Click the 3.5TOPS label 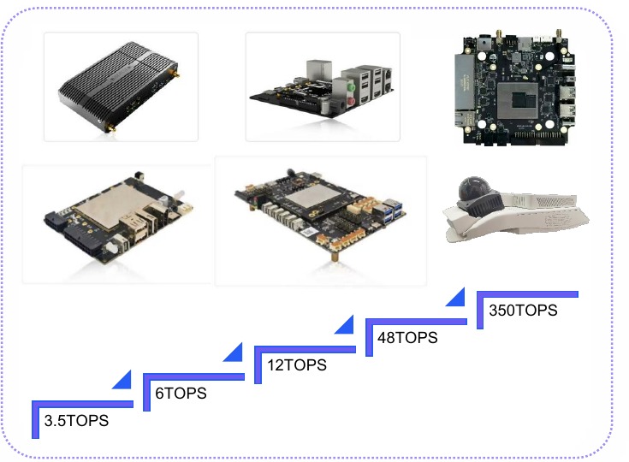click(x=76, y=421)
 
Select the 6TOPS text click(x=181, y=393)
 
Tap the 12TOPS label click(x=297, y=365)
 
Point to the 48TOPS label click(x=407, y=338)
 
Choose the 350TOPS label click(x=523, y=310)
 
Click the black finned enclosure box click(x=119, y=85)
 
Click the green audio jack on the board click(x=351, y=86)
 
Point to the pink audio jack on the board click(x=352, y=101)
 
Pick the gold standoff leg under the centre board click(x=335, y=255)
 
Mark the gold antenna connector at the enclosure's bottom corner click(x=110, y=128)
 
